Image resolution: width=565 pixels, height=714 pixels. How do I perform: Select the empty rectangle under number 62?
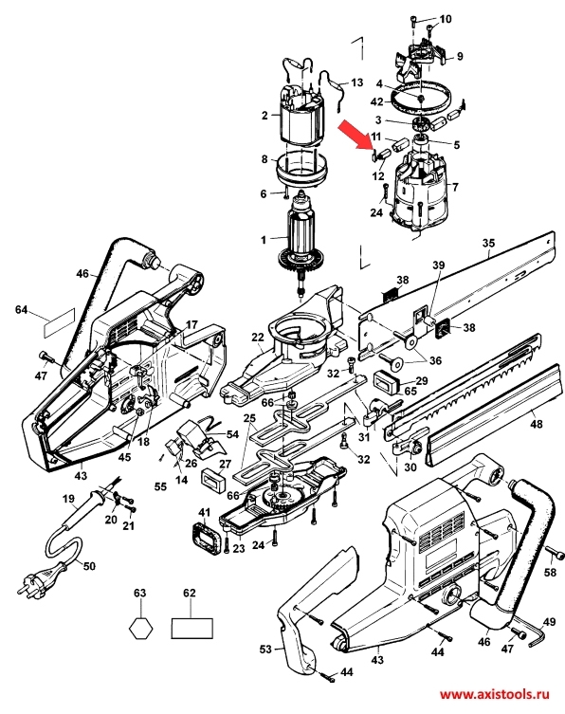192,629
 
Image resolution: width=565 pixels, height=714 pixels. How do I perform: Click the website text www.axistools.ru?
494,694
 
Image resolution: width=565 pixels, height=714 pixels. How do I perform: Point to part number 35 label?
488,243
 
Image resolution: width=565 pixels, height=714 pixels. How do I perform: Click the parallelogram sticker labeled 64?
59,322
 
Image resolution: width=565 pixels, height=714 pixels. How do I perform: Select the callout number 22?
258,338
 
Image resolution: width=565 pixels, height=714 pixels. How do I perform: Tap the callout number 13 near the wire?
357,82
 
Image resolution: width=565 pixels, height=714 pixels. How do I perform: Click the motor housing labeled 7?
420,192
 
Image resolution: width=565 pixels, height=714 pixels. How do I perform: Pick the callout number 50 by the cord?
89,566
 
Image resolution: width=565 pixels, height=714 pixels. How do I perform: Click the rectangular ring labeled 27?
214,481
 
